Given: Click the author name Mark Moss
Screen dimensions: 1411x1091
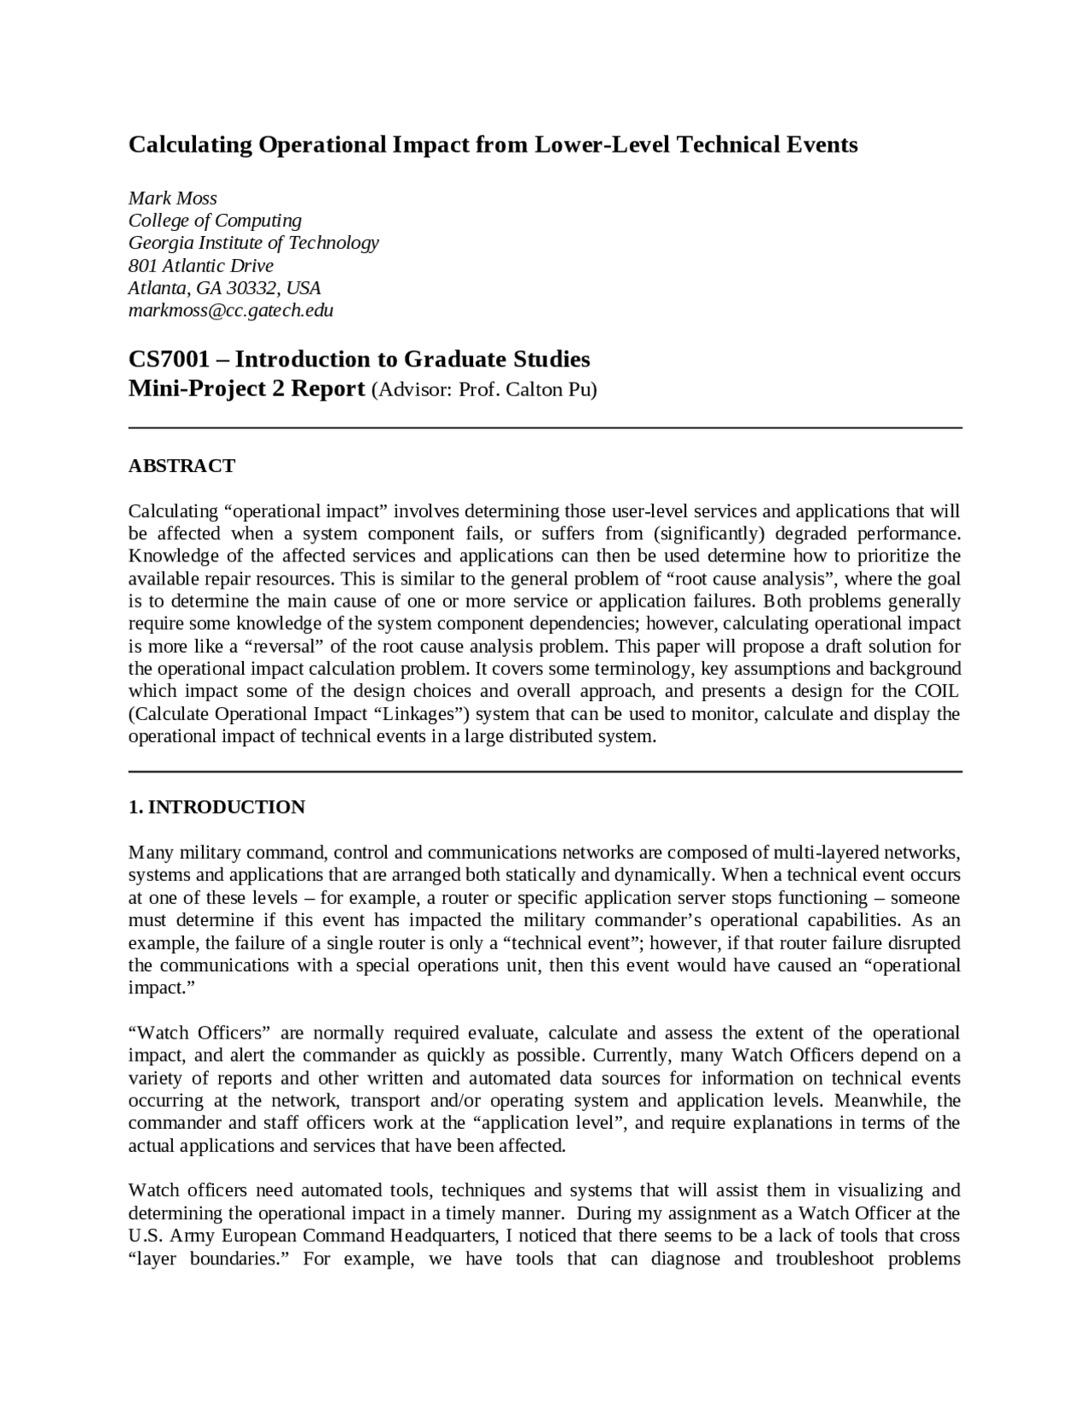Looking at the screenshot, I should coord(172,198).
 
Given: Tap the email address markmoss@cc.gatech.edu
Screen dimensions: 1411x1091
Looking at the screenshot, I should coord(230,310).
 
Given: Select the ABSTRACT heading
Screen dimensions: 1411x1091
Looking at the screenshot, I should coord(182,466).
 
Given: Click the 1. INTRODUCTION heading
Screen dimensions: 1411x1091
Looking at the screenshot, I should coord(216,807).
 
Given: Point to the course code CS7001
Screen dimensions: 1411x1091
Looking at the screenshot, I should coord(169,359).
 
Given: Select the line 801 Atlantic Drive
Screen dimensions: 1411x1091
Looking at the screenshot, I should coord(200,265).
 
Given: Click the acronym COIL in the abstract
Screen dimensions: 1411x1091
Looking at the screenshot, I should coord(937,691).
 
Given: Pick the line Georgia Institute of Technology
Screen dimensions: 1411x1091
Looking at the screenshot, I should coord(253,243).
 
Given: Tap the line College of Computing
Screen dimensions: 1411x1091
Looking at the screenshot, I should coord(215,220).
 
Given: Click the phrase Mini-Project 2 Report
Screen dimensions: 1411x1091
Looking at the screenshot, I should coord(246,389).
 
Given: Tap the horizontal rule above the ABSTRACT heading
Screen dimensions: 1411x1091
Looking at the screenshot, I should coord(545,428).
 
